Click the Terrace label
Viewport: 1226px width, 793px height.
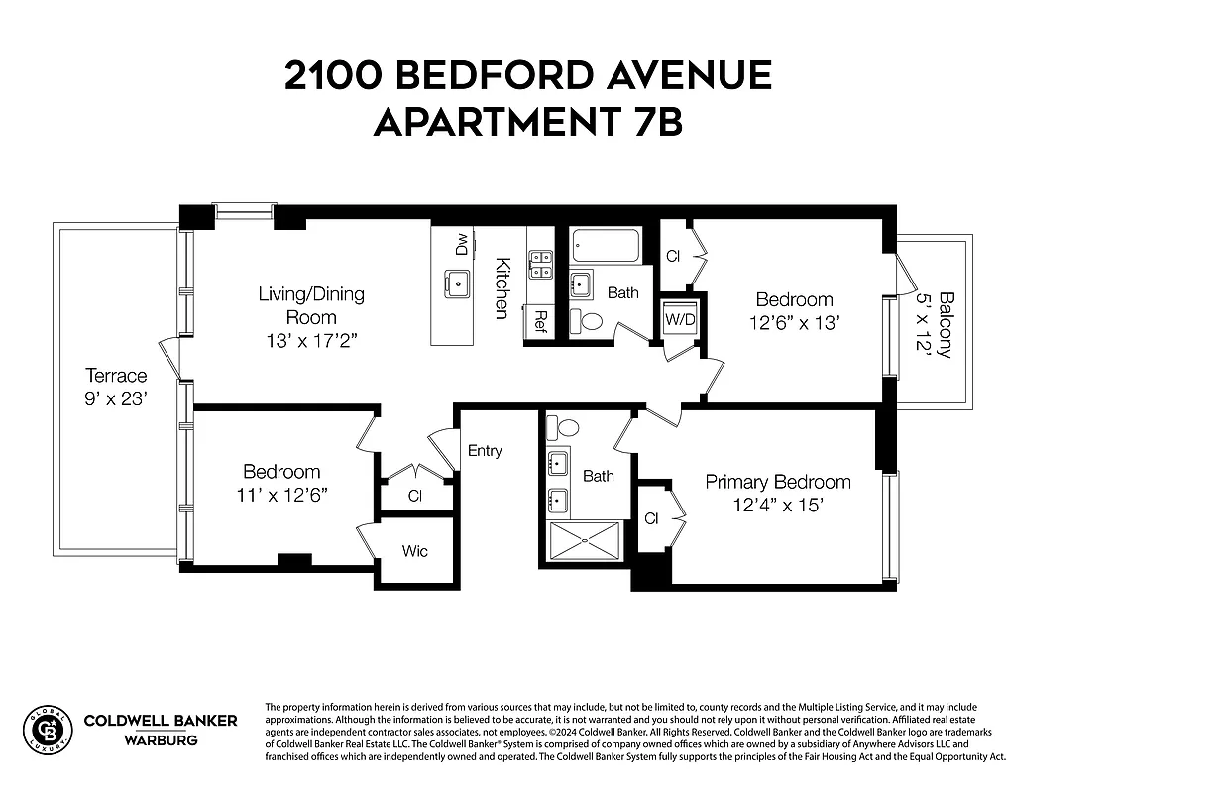(116, 376)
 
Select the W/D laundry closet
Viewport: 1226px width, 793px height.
(680, 319)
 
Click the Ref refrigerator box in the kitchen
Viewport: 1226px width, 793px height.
(540, 320)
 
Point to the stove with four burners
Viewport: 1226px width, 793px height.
(540, 264)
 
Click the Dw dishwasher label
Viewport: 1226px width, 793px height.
(461, 245)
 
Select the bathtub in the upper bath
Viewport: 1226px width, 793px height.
(607, 245)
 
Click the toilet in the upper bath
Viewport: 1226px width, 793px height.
(592, 320)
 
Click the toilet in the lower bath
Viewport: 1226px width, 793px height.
(567, 427)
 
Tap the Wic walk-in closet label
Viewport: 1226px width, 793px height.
(415, 550)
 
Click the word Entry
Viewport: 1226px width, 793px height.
(485, 451)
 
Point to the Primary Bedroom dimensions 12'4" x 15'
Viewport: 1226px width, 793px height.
(778, 504)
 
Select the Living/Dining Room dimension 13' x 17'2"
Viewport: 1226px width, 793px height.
(311, 341)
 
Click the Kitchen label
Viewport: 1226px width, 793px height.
(503, 288)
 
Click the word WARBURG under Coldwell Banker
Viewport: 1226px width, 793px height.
(161, 739)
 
